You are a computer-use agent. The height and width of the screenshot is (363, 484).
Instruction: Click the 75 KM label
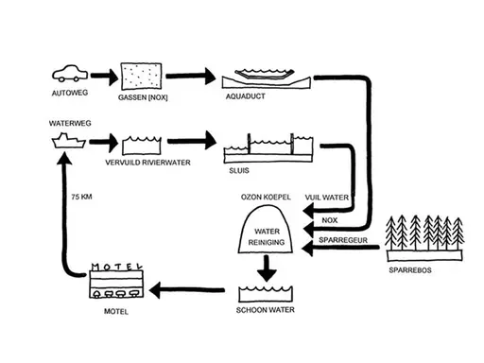(x=82, y=198)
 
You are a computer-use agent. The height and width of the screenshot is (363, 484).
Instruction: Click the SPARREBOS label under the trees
(x=410, y=269)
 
